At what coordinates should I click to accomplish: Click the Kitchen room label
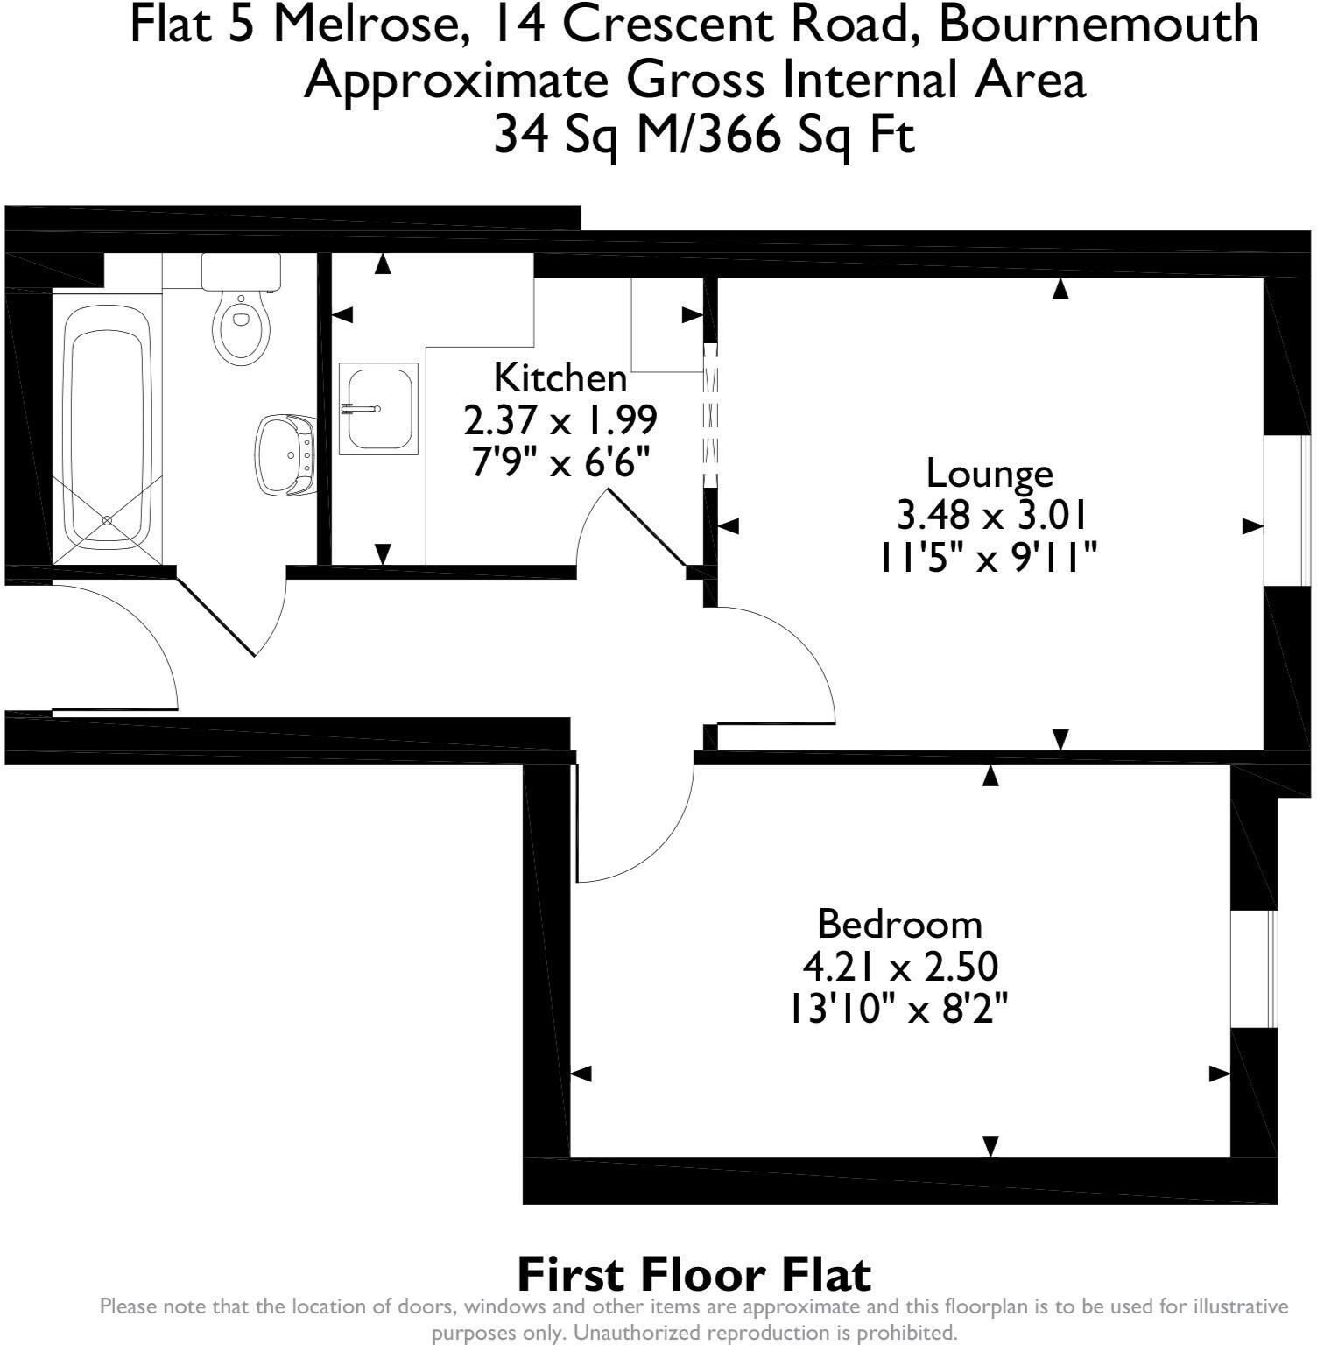point(560,378)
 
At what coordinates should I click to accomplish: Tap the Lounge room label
point(990,474)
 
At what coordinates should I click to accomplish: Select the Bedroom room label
point(900,925)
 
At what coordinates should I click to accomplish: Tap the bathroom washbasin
point(286,455)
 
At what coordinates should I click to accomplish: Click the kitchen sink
point(378,408)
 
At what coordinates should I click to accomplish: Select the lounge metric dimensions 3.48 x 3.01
point(991,516)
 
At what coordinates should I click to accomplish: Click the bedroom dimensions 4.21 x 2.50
point(900,968)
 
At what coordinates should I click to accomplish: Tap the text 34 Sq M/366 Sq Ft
point(705,136)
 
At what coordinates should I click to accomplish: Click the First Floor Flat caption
point(694,1274)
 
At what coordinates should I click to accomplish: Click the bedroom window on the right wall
point(1256,968)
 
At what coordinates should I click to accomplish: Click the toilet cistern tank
point(241,272)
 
